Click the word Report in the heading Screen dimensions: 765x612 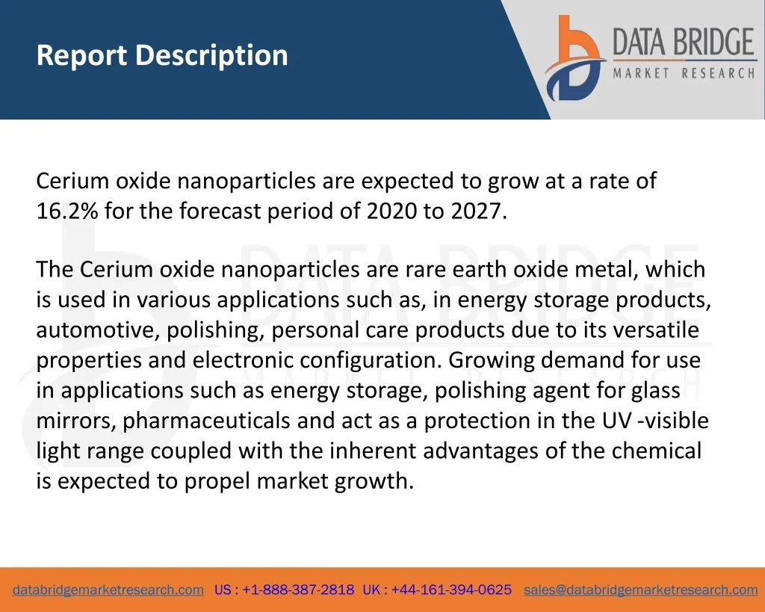point(82,55)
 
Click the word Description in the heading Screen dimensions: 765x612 point(211,55)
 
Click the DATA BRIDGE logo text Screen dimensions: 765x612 point(683,42)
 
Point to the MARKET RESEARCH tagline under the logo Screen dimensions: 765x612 point(684,73)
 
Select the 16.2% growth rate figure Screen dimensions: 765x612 point(67,211)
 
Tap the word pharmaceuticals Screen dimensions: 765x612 point(206,421)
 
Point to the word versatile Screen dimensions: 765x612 point(656,330)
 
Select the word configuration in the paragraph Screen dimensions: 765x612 point(370,360)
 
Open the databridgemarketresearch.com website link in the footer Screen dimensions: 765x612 point(108,590)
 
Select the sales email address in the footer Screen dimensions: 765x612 point(640,590)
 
